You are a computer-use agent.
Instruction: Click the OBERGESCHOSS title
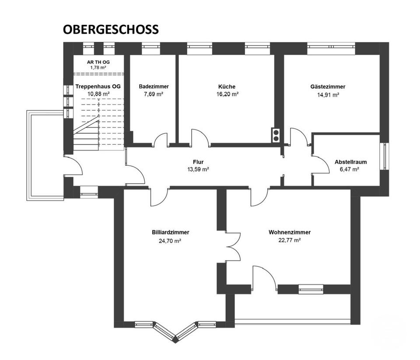click(111, 29)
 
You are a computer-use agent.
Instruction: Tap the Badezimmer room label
click(154, 87)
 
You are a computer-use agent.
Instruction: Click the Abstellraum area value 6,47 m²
click(350, 169)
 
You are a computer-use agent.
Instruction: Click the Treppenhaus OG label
click(98, 87)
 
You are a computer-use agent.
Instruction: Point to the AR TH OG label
click(98, 62)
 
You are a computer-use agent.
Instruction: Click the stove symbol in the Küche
click(276, 136)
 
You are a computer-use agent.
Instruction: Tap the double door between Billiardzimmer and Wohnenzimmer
click(233, 247)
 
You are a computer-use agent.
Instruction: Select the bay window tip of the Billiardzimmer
click(175, 339)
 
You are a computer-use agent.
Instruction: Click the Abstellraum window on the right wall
click(385, 157)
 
